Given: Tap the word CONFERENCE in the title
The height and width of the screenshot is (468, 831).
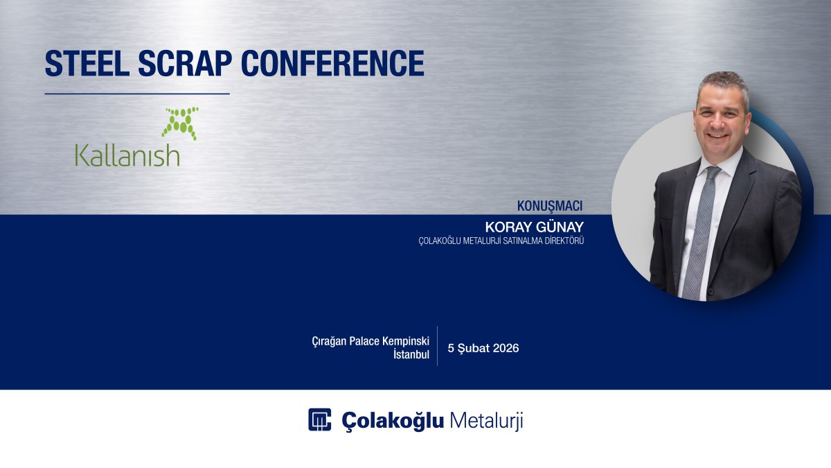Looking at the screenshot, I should coord(332,63).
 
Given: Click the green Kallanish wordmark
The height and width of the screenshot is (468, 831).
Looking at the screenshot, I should coord(127,155).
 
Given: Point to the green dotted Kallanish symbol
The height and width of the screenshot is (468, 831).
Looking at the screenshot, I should coord(180,122).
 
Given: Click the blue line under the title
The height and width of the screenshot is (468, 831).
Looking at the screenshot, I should coord(137,94).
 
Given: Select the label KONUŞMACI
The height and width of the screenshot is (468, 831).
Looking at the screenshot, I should coord(550,206).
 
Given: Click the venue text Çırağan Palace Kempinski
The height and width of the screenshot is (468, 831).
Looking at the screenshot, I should coord(370,341).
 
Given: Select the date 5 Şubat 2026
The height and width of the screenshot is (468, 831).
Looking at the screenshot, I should coord(483,348).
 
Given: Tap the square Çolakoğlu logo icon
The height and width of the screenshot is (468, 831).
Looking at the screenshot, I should coord(320,419).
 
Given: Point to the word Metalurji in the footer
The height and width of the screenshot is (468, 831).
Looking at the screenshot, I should coord(486,420).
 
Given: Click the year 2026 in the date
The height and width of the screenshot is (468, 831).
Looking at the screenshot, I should coord(506,348).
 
